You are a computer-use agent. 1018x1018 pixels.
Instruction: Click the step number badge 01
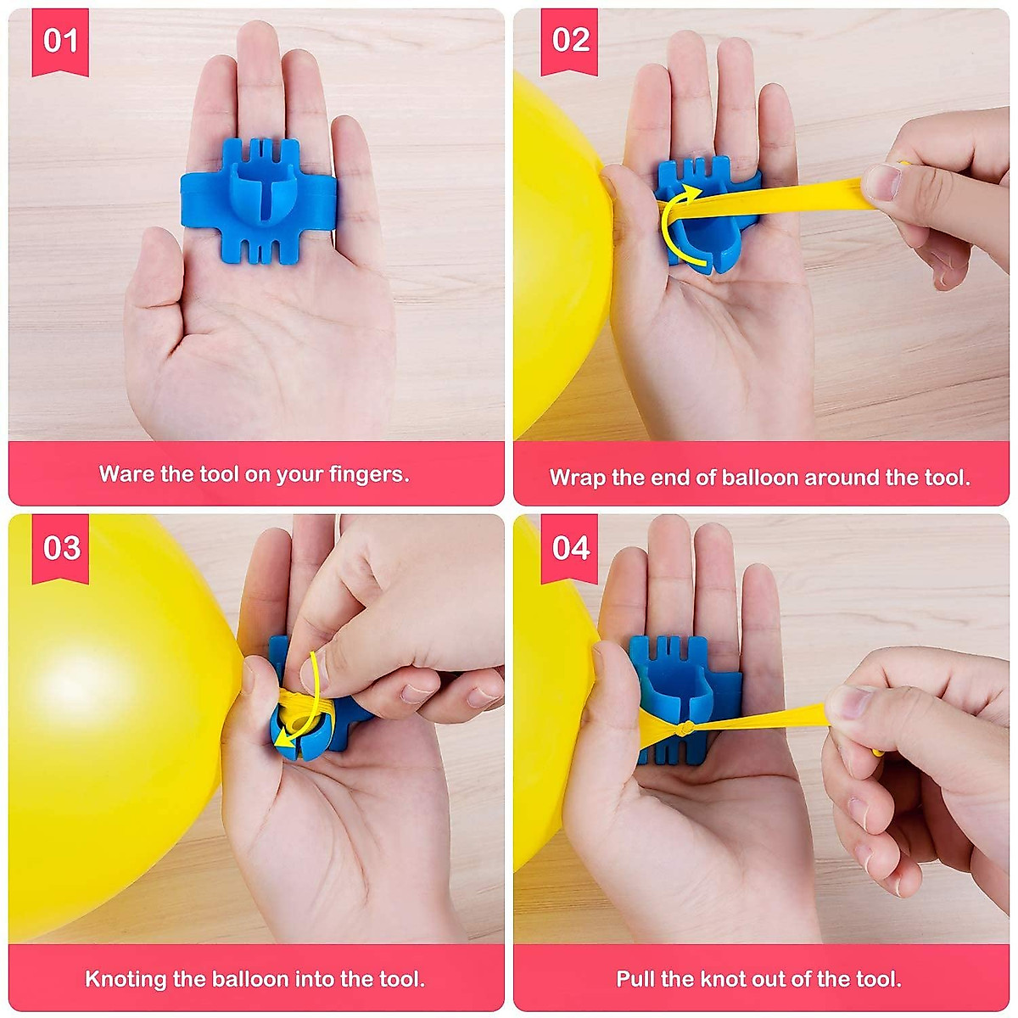pos(60,41)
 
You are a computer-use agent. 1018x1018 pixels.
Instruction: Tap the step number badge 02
pos(570,41)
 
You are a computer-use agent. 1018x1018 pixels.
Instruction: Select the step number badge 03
pos(60,547)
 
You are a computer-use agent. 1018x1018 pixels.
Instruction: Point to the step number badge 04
pos(570,547)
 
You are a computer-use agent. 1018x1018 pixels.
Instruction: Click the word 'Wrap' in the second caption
pos(577,478)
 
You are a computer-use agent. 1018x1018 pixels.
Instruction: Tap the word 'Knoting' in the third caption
pos(124,979)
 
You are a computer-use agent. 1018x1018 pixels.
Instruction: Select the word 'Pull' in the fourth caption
pos(635,979)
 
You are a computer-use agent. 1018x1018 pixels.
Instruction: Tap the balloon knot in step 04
pos(689,728)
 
